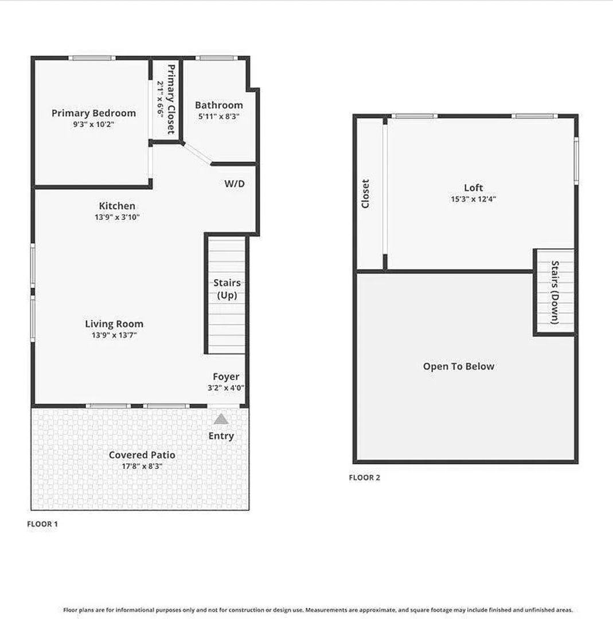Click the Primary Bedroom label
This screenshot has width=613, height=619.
93,113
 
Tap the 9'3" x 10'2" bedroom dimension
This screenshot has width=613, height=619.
93,124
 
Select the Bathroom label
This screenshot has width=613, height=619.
219,105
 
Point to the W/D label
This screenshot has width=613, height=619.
235,183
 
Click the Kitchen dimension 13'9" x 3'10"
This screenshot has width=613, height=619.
117,217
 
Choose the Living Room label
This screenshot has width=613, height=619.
114,324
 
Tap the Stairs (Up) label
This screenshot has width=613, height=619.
227,289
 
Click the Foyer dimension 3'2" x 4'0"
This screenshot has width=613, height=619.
226,388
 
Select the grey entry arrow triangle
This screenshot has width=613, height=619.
221,419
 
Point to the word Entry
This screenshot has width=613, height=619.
221,436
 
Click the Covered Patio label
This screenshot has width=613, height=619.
142,455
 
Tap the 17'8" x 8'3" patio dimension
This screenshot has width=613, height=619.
142,466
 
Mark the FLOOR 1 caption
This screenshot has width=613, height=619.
42,524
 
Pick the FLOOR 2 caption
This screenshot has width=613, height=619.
364,477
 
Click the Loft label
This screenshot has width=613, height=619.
473,188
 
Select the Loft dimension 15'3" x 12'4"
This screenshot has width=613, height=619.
473,199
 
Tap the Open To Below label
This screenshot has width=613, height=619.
459,367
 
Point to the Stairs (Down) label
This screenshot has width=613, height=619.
555,292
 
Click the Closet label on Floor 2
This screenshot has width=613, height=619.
365,194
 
